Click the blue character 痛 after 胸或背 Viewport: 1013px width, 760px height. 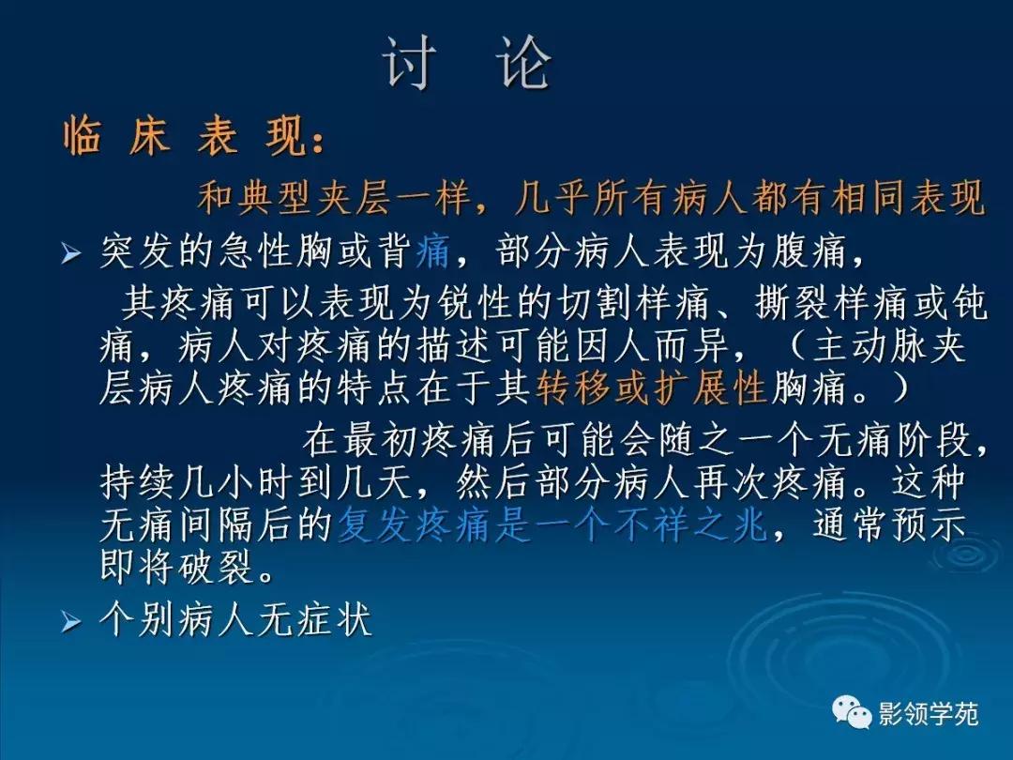(x=432, y=251)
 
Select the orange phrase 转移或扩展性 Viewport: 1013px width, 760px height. (x=653, y=387)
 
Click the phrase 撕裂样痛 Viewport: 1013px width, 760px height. (x=806, y=303)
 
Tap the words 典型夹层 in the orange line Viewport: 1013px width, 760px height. (x=316, y=198)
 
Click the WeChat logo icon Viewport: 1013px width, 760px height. (x=853, y=714)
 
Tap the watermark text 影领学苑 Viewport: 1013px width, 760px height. (x=928, y=715)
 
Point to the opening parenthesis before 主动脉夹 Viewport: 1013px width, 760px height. (x=794, y=345)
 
